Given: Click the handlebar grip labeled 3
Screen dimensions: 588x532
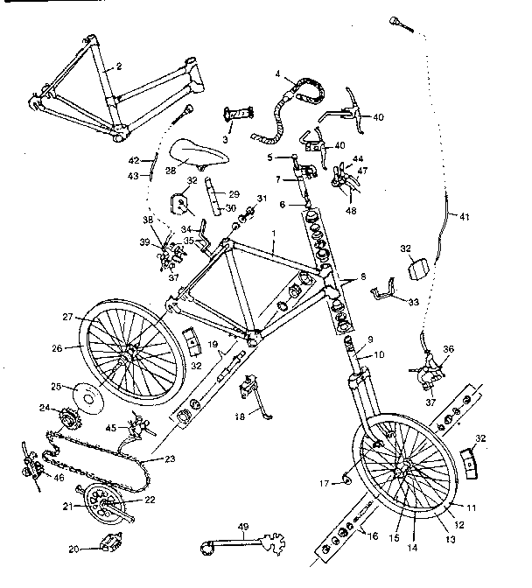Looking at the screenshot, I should pos(238,115).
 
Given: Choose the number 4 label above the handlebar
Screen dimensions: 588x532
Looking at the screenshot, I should pos(277,74).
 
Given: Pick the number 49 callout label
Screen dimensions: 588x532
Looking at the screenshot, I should pos(244,526).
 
